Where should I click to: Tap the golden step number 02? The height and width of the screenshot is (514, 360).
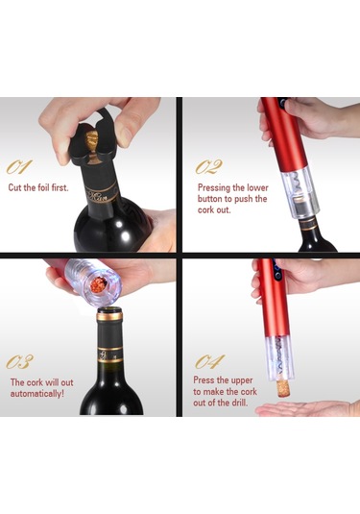[208, 167]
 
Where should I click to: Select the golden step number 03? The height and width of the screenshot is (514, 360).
[19, 361]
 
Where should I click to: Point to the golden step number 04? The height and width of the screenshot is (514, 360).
[209, 361]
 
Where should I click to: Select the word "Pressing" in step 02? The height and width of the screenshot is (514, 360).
[214, 188]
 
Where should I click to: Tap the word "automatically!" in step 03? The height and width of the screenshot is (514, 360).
[37, 393]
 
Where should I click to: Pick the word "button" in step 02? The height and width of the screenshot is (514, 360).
[209, 199]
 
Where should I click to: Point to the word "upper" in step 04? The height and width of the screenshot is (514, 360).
[242, 380]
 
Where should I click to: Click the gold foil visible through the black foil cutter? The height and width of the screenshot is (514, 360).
[93, 137]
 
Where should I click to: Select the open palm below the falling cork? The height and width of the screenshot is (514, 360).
[307, 408]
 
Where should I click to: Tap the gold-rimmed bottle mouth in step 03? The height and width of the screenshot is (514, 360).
[109, 313]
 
